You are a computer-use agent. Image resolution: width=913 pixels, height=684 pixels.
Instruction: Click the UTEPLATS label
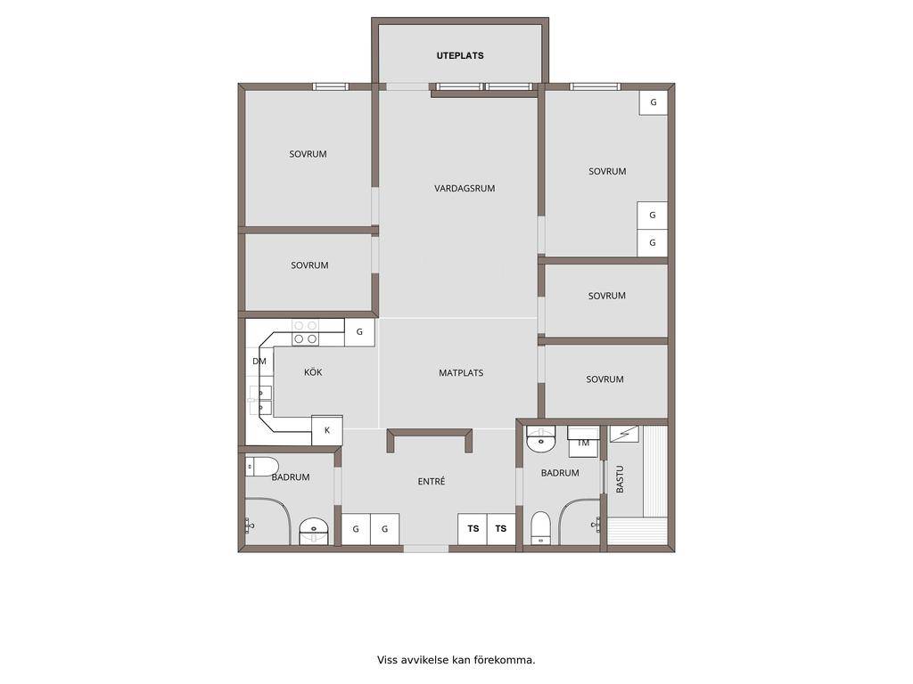point(460,56)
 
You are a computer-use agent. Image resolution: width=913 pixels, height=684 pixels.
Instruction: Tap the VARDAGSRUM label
point(465,189)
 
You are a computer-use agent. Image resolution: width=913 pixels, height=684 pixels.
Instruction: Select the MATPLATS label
point(461,373)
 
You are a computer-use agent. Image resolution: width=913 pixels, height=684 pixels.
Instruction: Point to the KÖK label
point(313,371)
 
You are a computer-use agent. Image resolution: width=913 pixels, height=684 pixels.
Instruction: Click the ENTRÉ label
point(432,481)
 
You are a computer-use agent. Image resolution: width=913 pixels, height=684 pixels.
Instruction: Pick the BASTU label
point(620,479)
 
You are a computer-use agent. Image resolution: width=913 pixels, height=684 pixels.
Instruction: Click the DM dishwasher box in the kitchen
point(259,362)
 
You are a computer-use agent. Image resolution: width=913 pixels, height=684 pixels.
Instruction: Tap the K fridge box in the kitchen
point(327,430)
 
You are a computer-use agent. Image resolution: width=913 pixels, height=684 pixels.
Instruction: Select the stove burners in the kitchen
point(306,332)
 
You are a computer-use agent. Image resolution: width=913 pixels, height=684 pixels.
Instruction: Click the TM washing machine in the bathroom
point(583,442)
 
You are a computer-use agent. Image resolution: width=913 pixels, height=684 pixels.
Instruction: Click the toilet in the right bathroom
point(541,528)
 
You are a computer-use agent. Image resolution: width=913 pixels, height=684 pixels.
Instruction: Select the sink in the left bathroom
point(315,531)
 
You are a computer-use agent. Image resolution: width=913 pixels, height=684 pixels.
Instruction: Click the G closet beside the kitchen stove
point(359,332)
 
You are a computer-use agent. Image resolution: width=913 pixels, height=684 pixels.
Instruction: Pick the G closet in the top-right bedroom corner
point(654,102)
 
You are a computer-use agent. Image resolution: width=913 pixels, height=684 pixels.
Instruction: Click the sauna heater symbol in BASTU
point(624,434)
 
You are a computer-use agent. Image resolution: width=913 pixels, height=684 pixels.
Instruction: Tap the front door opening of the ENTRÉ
point(426,549)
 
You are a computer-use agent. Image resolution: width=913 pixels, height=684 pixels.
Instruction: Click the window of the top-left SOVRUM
point(331,86)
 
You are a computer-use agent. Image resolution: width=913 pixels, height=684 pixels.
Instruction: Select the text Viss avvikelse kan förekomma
point(456,660)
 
